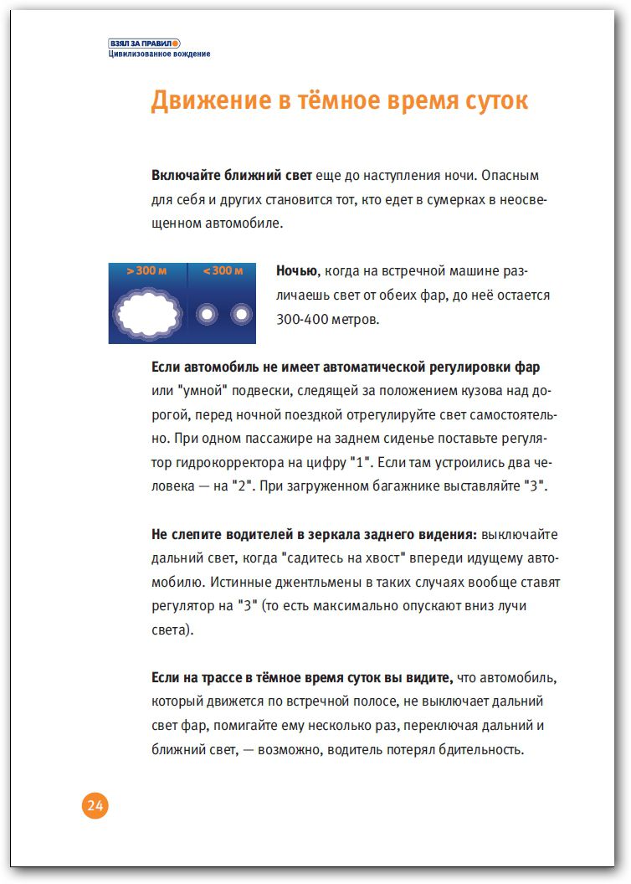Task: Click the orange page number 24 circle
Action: (95, 806)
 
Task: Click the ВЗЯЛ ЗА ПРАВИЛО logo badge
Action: (144, 43)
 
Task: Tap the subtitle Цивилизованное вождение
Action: (159, 54)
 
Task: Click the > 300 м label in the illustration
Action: (146, 271)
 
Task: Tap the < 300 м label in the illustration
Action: (222, 271)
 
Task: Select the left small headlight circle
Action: (206, 314)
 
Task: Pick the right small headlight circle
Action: (241, 314)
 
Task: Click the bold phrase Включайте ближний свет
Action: (232, 176)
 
